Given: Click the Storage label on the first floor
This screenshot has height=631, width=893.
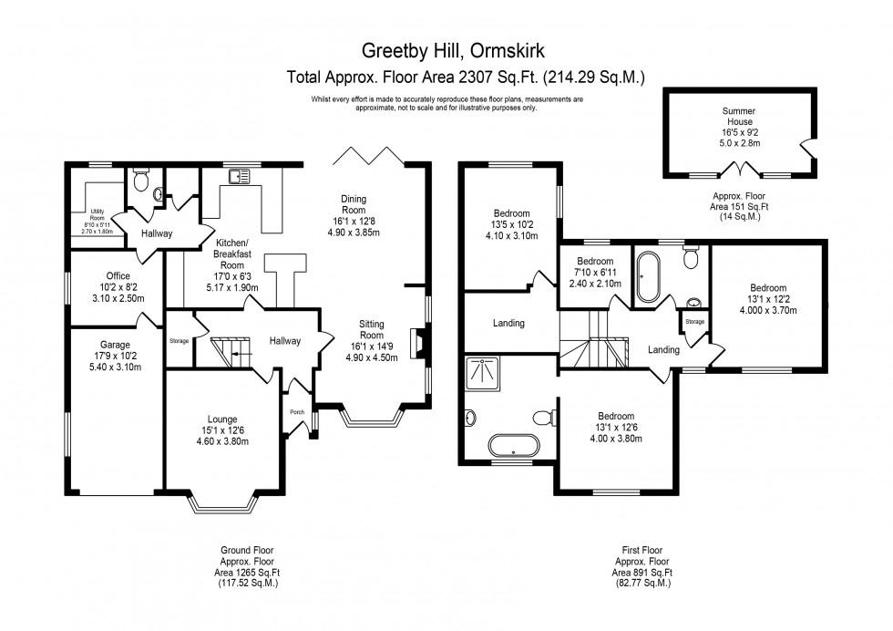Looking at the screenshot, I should (694, 321).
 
